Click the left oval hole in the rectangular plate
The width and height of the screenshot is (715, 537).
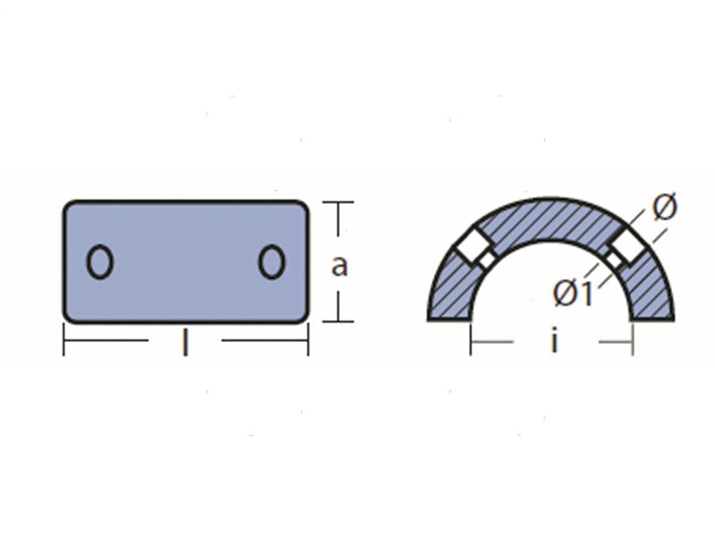pyautogui.click(x=100, y=262)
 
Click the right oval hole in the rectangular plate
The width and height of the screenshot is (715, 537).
pyautogui.click(x=272, y=262)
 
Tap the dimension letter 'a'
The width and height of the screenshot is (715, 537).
pyautogui.click(x=339, y=265)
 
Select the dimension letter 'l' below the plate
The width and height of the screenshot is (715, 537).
pyautogui.click(x=185, y=343)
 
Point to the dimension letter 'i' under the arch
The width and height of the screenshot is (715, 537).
pyautogui.click(x=554, y=341)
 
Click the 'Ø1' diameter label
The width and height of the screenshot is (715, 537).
pyautogui.click(x=572, y=292)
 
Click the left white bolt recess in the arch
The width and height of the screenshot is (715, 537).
pyautogui.click(x=474, y=249)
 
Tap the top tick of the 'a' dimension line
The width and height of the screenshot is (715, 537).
pyautogui.click(x=337, y=203)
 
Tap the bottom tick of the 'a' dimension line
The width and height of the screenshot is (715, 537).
pyautogui.click(x=337, y=320)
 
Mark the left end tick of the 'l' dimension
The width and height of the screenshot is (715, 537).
pyautogui.click(x=63, y=340)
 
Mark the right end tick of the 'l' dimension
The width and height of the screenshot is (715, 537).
pyautogui.click(x=308, y=340)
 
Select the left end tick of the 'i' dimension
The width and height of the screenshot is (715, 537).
pyautogui.click(x=471, y=341)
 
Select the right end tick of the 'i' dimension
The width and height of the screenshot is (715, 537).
pyautogui.click(x=633, y=341)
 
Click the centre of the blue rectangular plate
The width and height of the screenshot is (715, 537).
pyautogui.click(x=186, y=261)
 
